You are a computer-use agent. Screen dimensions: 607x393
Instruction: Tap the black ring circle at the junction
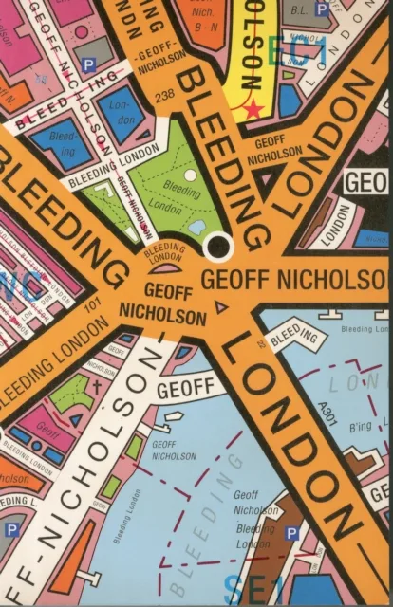[x=219, y=247]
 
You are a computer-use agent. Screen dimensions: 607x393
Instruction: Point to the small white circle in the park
[x=191, y=175]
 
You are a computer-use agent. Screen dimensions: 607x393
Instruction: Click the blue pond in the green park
[x=197, y=227]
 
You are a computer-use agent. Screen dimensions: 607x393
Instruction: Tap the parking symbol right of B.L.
[x=322, y=9]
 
